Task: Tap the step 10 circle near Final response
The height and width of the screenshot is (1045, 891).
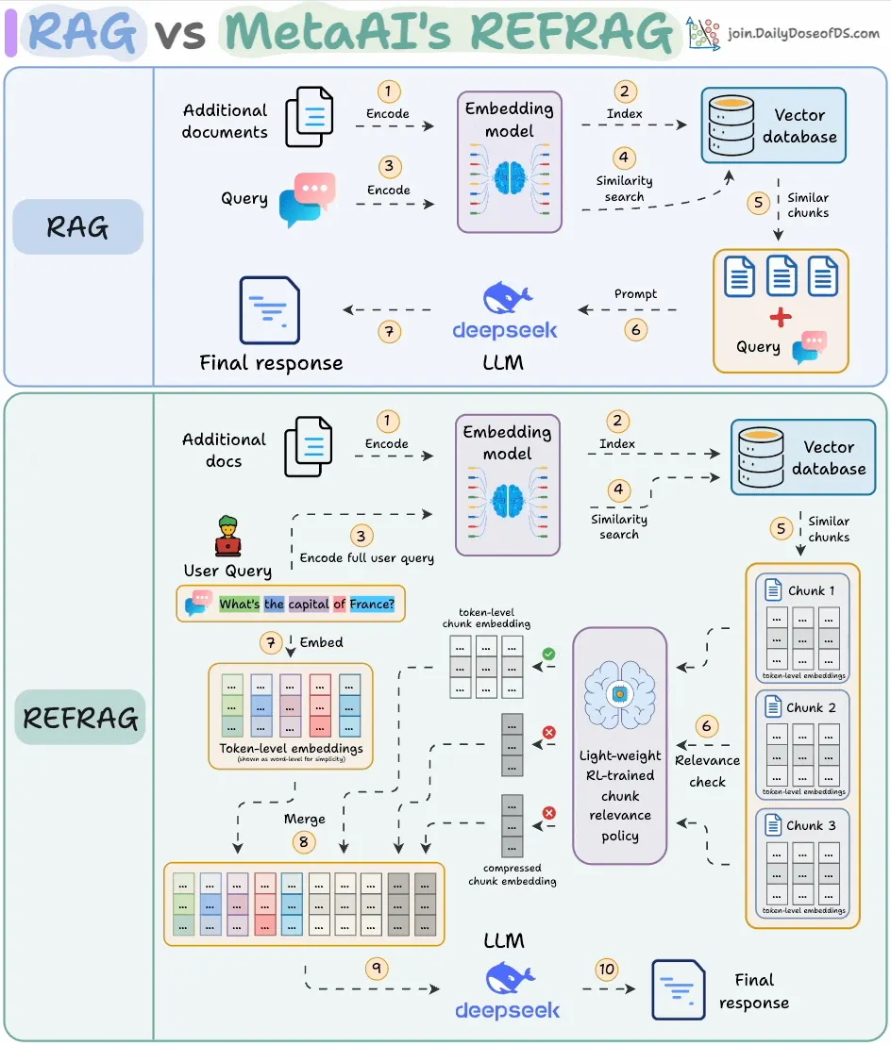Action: pos(606,970)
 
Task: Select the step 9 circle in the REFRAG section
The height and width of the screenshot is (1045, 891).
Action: pos(378,969)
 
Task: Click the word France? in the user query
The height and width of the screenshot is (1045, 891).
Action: pos(372,604)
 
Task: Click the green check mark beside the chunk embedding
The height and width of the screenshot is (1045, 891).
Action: pos(547,652)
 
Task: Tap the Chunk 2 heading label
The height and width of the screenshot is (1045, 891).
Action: pos(811,707)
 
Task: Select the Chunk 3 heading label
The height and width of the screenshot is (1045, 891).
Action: pos(811,825)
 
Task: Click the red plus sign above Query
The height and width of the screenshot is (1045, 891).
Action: pos(781,317)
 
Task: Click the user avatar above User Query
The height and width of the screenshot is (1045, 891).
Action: pos(227,537)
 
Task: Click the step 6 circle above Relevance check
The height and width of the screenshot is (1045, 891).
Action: pos(706,726)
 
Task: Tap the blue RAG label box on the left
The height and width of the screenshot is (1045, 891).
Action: pos(77,226)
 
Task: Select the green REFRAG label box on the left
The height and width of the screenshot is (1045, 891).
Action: pos(80,718)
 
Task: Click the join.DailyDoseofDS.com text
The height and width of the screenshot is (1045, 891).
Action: pos(803,34)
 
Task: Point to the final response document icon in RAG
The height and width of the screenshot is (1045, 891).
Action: pos(270,309)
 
